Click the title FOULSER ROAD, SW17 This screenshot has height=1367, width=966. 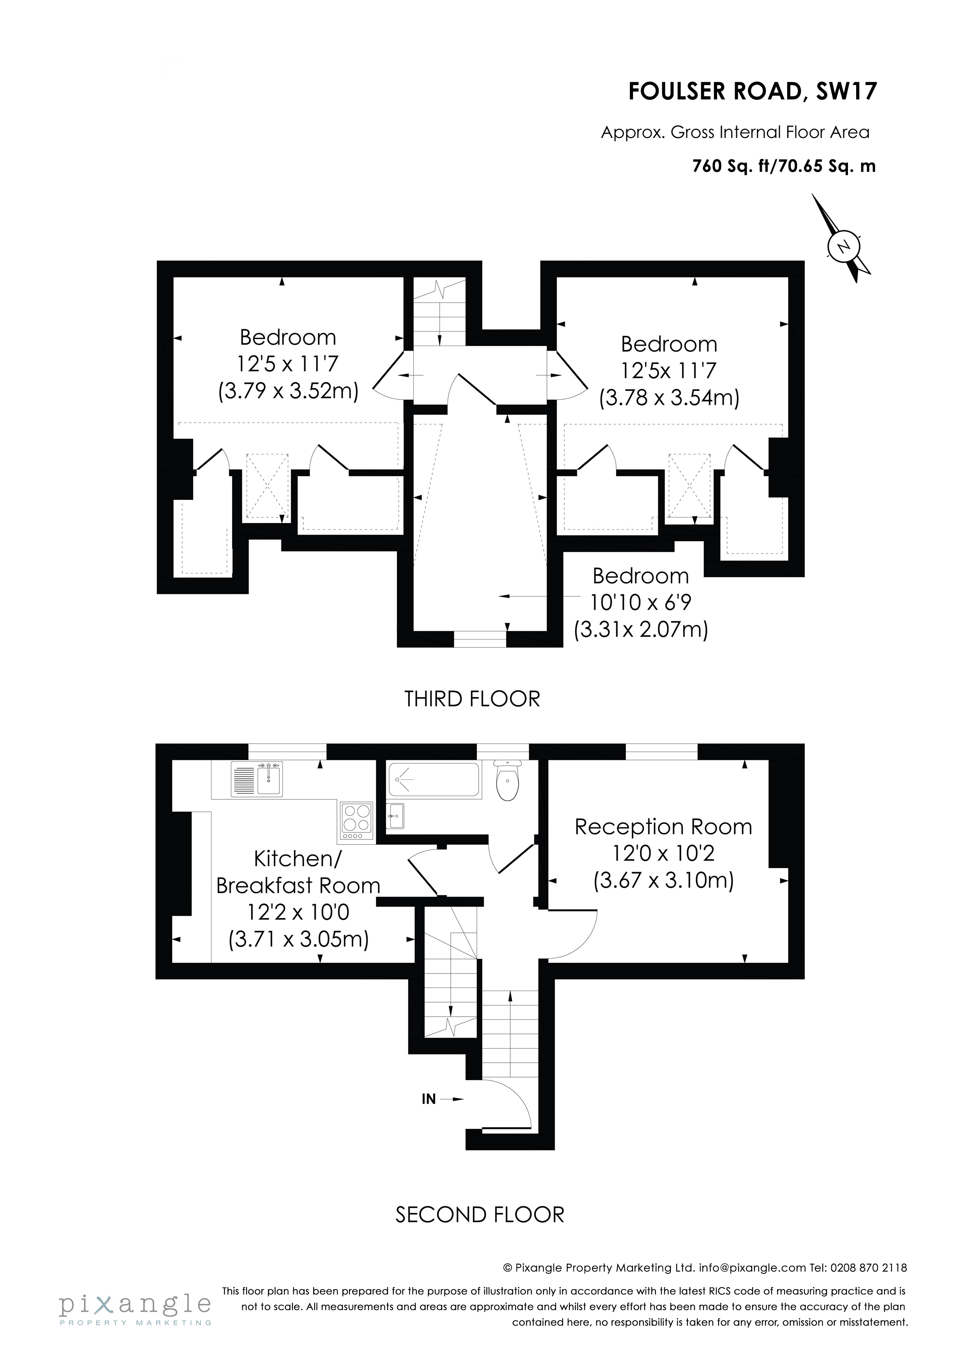752,92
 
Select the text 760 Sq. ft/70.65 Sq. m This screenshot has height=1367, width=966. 784,166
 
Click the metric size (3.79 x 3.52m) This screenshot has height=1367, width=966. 288,391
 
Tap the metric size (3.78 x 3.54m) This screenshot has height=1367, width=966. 669,397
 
